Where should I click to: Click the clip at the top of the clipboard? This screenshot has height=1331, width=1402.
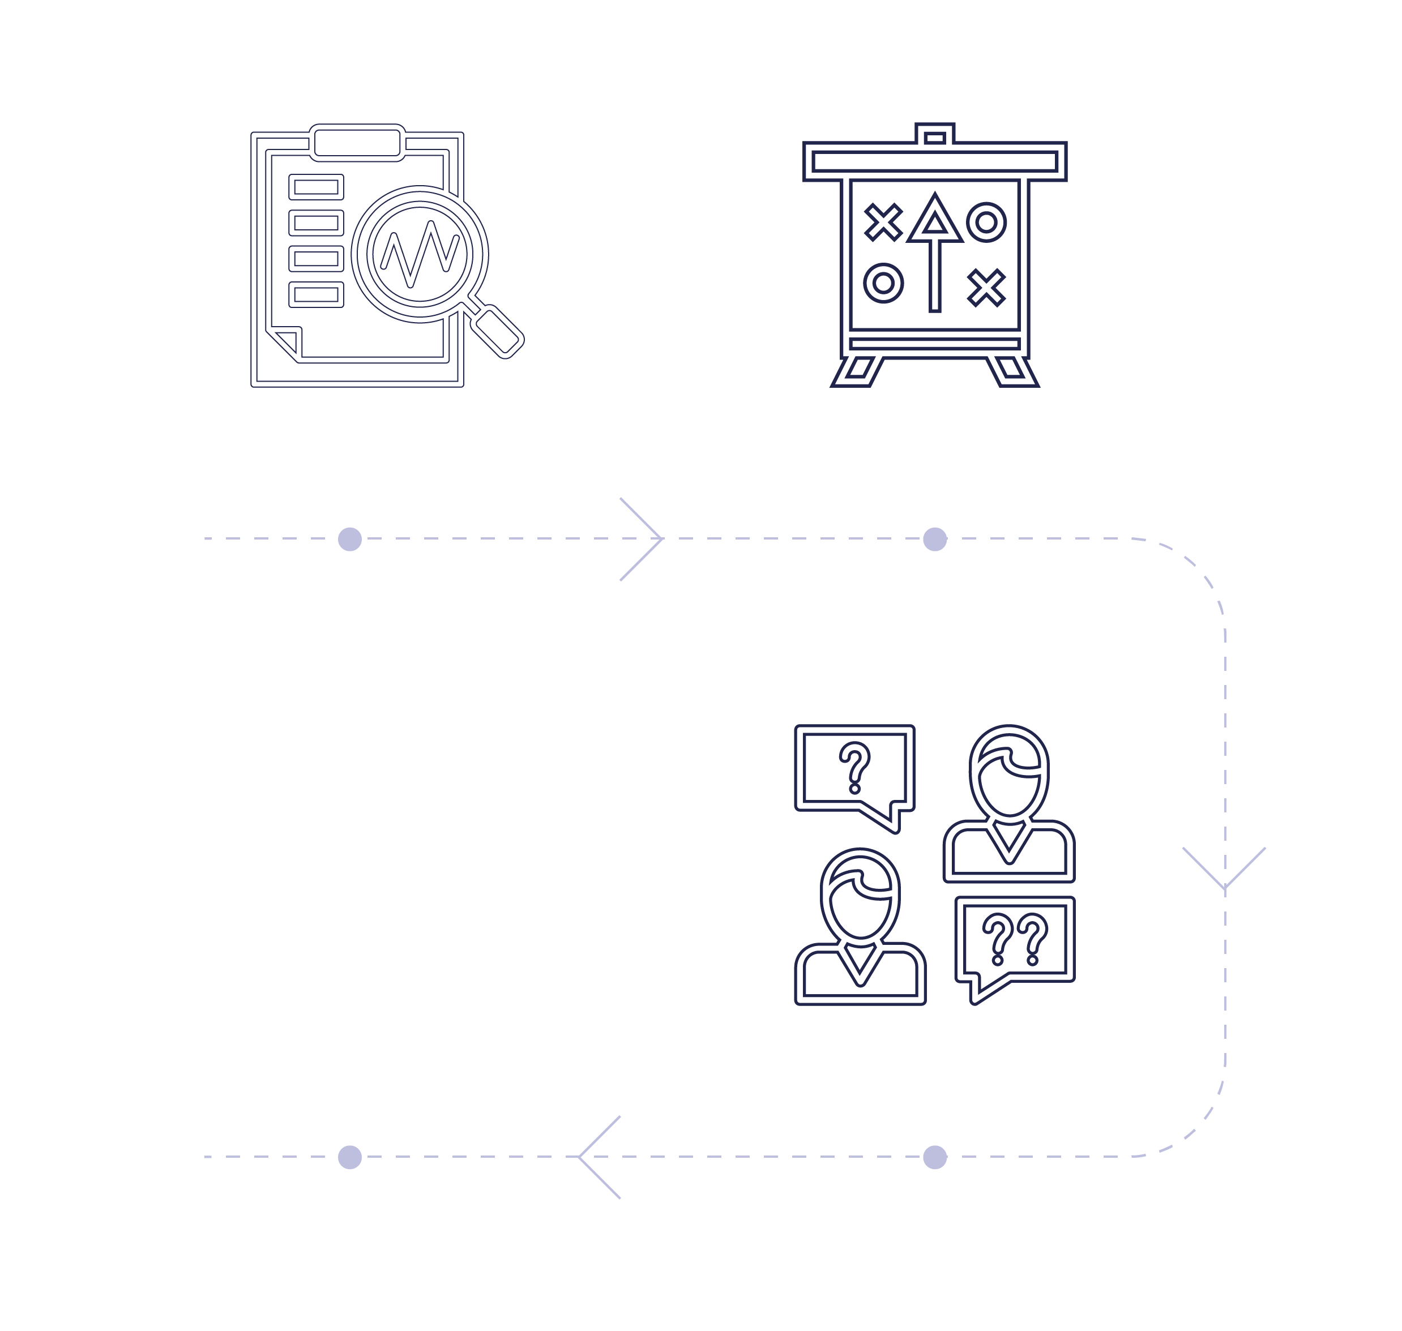[357, 143]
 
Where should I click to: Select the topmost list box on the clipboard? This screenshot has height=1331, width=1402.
[316, 187]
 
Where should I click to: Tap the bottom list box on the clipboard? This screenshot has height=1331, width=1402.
[316, 294]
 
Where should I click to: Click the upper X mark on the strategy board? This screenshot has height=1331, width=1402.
[883, 222]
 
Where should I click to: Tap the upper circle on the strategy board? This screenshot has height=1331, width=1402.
[986, 222]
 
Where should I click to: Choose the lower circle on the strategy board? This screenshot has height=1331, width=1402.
[883, 283]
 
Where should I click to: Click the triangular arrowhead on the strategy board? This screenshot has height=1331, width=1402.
[934, 220]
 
